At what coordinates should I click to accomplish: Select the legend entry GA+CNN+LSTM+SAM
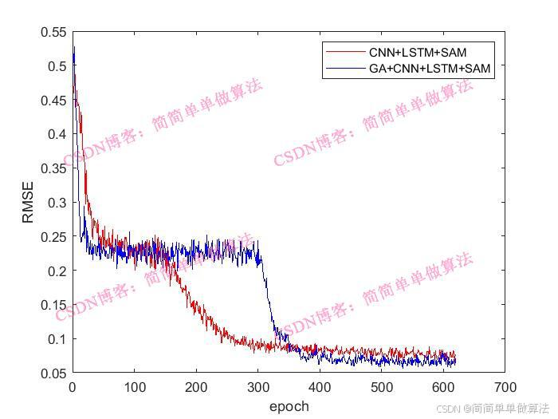[430, 69]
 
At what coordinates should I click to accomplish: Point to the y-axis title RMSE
[29, 203]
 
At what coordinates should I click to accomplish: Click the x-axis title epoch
[289, 406]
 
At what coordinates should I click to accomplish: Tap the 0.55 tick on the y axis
[53, 33]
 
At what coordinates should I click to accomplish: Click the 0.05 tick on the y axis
[53, 373]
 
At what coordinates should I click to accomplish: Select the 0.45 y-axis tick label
[53, 101]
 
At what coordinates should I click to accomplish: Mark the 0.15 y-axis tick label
[53, 305]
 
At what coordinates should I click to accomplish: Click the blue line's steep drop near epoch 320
[268, 295]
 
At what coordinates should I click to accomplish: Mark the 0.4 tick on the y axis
[57, 135]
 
